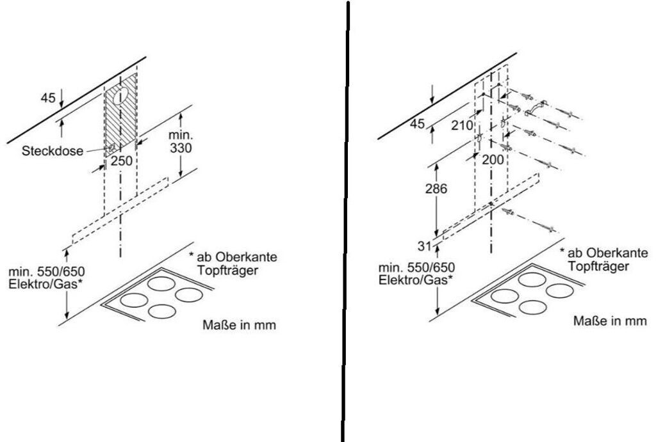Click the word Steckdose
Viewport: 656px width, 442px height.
53,151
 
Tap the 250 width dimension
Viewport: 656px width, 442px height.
121,161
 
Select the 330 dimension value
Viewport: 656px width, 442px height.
181,148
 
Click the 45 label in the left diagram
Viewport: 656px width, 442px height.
48,98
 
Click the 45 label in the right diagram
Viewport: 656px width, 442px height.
417,123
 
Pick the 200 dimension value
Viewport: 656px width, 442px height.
493,159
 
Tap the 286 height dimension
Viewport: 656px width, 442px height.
436,189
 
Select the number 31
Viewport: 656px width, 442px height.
424,246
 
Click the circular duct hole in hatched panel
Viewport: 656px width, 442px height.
121,96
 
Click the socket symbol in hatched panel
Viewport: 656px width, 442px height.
111,147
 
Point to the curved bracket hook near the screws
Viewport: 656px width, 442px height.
536,107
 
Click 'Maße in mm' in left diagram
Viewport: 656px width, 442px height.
240,324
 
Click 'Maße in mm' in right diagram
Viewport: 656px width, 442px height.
610,321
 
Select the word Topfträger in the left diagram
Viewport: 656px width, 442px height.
227,271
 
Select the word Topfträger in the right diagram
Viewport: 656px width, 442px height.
598,266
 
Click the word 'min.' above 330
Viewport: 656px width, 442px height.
181,135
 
